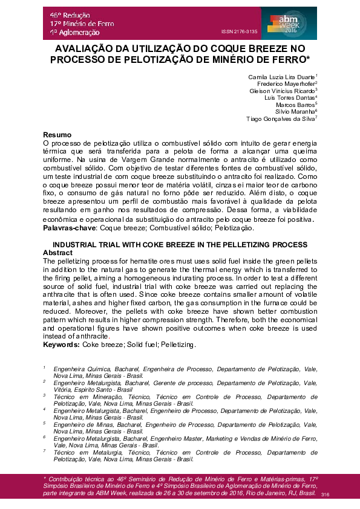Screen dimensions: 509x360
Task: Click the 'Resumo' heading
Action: coord(58,134)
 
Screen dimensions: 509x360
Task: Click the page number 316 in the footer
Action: coord(325,494)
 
